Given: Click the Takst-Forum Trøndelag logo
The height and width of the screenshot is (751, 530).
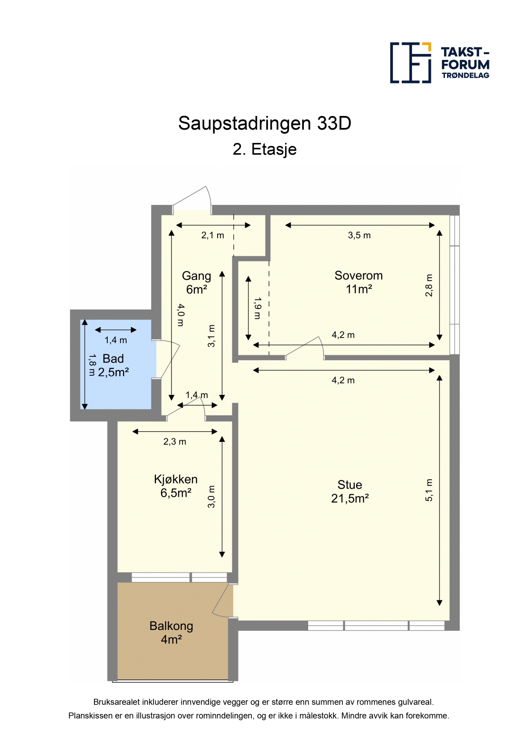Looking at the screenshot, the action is point(440,63).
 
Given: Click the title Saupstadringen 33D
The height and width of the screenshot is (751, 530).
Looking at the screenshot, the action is point(265,124).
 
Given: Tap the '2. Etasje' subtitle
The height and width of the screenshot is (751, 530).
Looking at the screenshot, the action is point(265,149).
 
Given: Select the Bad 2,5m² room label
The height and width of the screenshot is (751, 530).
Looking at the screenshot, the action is point(113,365).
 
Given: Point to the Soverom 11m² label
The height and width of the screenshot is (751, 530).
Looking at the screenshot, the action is point(359,282).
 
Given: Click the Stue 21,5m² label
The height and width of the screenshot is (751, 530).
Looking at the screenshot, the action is point(350,492).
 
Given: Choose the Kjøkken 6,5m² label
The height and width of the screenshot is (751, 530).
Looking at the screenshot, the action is point(176,486).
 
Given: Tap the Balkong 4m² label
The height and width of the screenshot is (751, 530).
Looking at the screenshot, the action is point(171,633).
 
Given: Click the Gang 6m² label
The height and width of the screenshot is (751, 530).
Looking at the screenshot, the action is point(197,283).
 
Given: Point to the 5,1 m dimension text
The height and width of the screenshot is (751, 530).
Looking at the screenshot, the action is point(429,490).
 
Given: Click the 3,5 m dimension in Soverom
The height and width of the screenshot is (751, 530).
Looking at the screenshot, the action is point(359,235).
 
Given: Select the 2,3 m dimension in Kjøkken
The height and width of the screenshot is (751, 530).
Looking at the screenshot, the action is point(175,442).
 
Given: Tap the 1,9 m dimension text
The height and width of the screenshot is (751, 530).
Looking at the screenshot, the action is point(257,309).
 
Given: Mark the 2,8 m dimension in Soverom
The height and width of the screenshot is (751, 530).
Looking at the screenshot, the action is point(429,285).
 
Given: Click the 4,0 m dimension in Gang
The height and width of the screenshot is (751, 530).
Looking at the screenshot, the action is point(181,315).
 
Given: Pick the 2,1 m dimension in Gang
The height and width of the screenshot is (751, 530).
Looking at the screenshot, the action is point(213,235).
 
